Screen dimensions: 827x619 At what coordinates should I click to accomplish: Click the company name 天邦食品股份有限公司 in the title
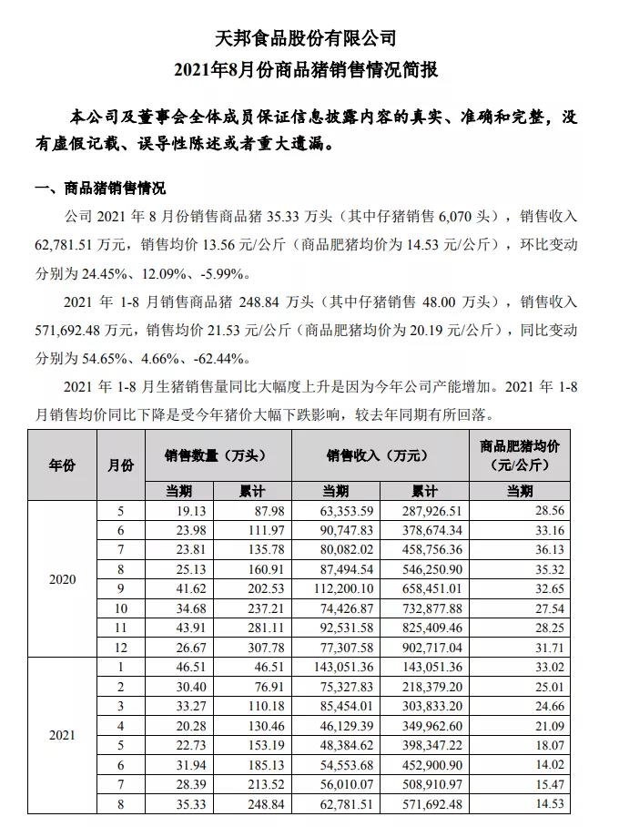(309, 38)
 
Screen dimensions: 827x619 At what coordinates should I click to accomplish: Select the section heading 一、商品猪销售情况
(100, 189)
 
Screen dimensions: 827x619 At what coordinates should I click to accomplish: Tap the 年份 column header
(62, 465)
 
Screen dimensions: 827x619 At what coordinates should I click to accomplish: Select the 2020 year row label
(62, 579)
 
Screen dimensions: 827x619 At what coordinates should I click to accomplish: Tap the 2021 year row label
(62, 734)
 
